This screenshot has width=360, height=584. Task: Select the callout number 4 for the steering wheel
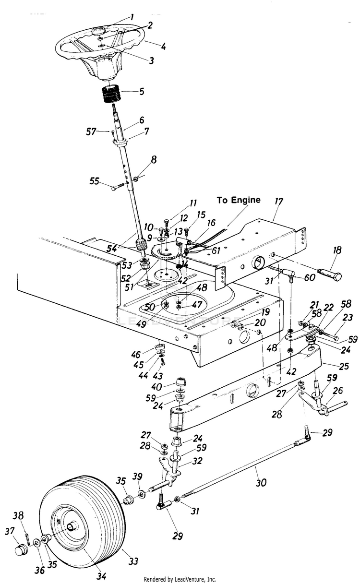click(164, 47)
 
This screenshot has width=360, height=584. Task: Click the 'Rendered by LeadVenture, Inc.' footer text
click(180, 579)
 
